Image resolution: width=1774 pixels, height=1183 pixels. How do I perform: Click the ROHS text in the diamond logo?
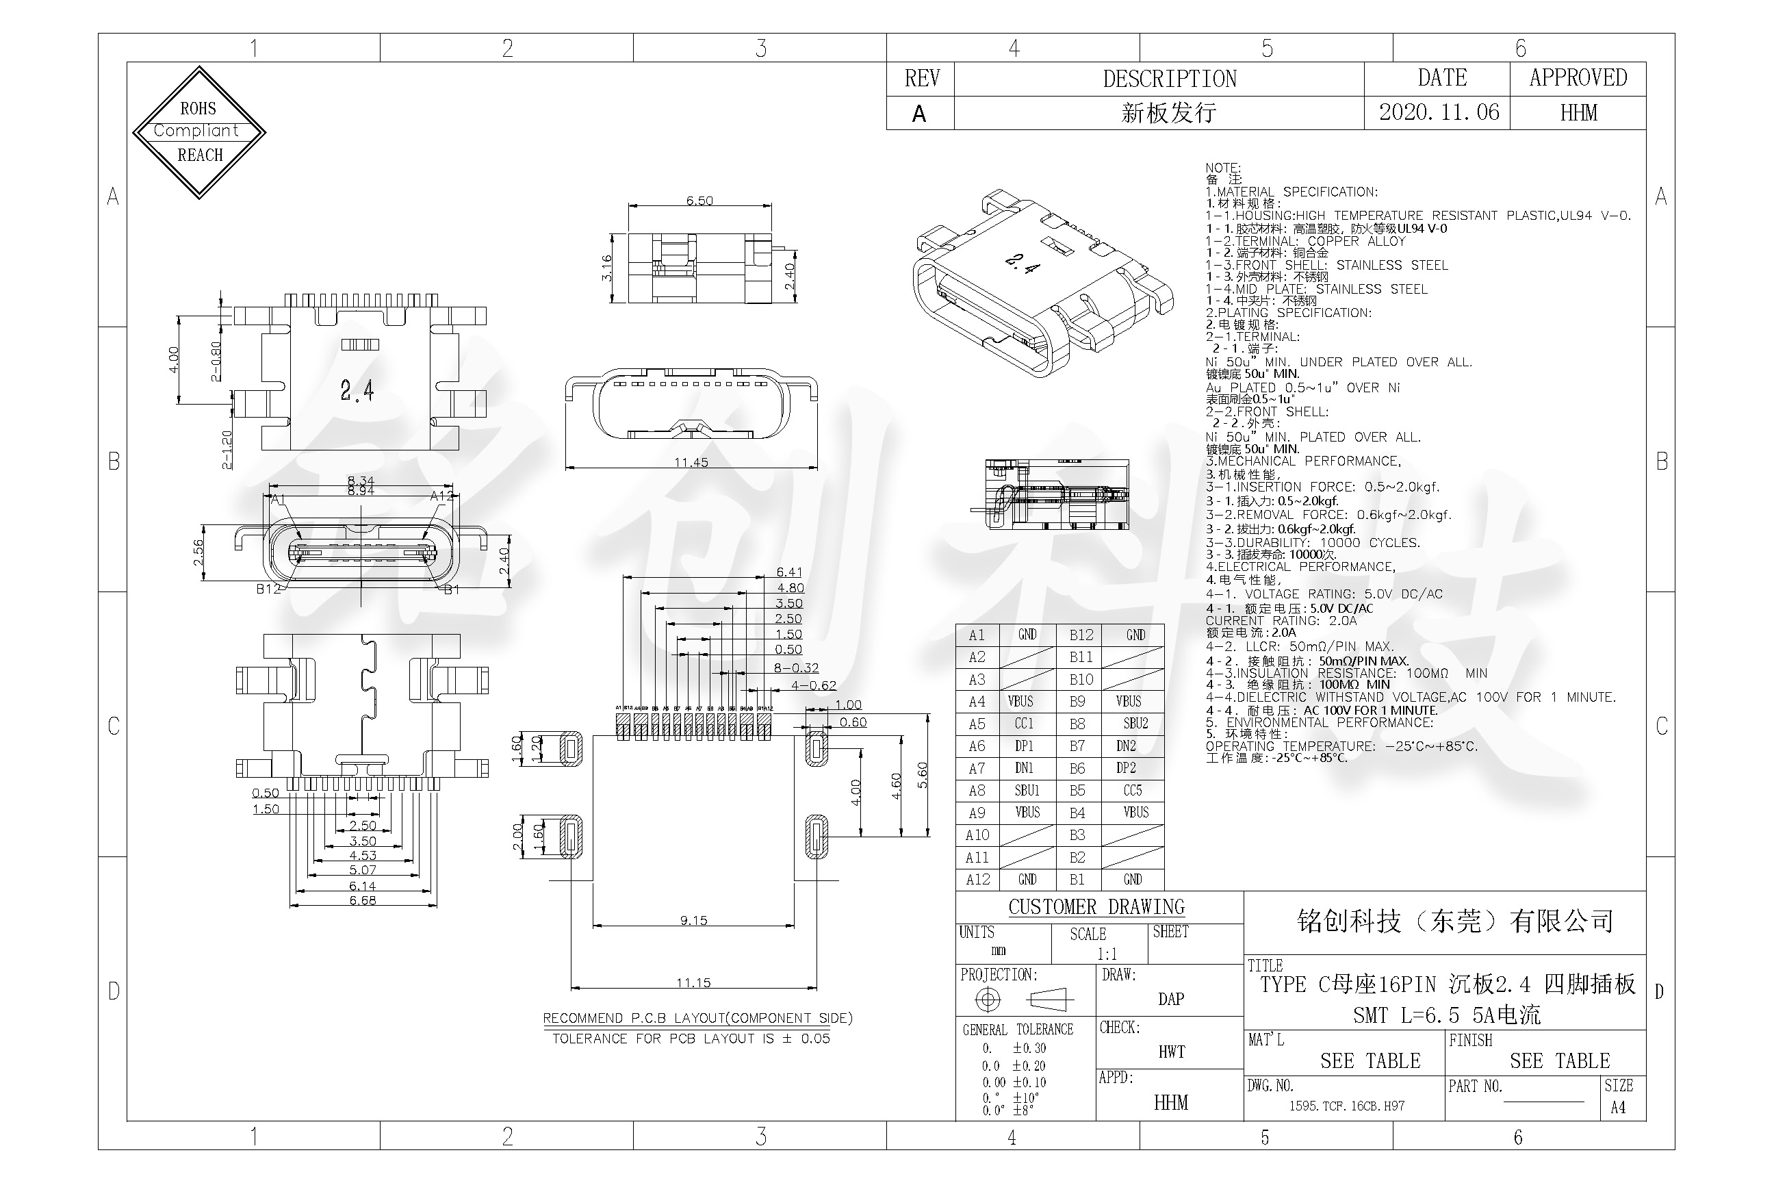point(198,109)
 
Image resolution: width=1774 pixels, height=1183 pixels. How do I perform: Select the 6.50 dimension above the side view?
point(699,201)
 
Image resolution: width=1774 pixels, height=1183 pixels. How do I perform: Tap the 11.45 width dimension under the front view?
point(691,463)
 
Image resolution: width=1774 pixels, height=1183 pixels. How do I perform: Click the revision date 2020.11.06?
point(1439,113)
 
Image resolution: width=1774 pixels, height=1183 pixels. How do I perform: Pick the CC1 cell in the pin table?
point(1023,724)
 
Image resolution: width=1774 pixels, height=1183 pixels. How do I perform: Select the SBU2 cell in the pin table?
point(1135,724)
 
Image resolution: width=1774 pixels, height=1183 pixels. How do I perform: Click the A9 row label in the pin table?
point(977,813)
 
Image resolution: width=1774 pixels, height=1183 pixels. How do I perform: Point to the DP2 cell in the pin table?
point(1125,768)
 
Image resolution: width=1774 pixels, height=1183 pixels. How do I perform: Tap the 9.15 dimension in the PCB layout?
point(693,920)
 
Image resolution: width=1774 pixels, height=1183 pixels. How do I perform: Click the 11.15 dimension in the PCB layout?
point(693,982)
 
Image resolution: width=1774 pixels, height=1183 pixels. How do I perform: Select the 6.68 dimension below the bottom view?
point(362,900)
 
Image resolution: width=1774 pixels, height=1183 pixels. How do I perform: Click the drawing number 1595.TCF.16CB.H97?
point(1346,1106)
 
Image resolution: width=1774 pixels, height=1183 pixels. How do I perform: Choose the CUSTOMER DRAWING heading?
point(1096,907)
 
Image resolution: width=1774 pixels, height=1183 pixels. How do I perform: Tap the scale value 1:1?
point(1107,954)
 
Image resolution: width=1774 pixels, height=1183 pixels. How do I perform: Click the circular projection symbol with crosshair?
point(988,1000)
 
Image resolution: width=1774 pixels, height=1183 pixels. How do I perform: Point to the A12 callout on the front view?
point(441,496)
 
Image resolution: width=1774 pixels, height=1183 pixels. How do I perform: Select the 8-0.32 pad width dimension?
point(796,667)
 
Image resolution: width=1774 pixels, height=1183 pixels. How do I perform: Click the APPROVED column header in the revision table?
point(1577,78)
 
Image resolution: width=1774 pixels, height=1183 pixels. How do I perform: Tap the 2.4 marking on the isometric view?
point(1023,264)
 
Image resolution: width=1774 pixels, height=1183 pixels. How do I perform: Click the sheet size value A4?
point(1617,1108)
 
